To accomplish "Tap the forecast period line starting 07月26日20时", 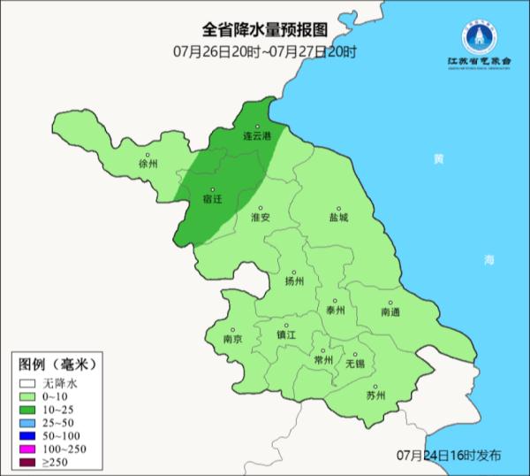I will click(265, 52).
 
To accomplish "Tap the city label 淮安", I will click(260, 216).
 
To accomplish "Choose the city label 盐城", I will click(338, 216).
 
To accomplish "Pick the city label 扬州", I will click(294, 281).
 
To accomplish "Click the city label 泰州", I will click(336, 311).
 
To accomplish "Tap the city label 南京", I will click(232, 339).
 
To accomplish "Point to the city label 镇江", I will click(286, 335).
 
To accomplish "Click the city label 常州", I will click(324, 360).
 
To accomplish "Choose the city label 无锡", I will click(354, 363).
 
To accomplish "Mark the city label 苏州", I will click(375, 395).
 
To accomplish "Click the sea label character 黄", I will click(438, 159).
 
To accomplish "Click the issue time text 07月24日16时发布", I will click(449, 455).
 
